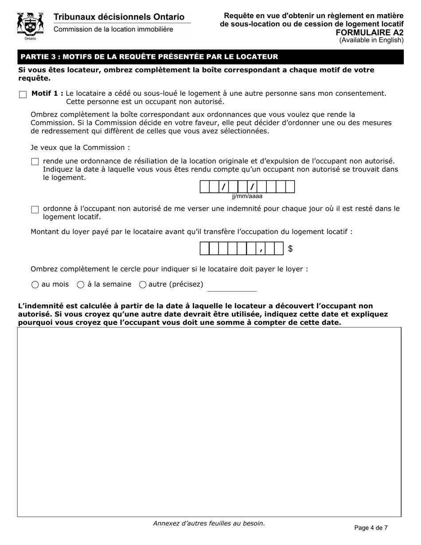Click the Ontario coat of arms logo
[x=30, y=26]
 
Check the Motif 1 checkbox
[x=23, y=94]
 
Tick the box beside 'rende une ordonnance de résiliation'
[x=35, y=162]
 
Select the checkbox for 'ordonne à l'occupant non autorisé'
[x=35, y=210]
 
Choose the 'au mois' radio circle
[x=35, y=285]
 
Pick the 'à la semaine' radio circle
[x=81, y=285]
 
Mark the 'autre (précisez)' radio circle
[x=143, y=285]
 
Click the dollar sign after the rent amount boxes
[x=290, y=249]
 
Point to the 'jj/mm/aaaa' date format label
[x=247, y=196]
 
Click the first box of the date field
[x=205, y=187]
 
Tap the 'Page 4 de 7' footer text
[x=371, y=528]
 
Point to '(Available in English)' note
[x=371, y=40]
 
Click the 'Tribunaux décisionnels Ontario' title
[x=119, y=17]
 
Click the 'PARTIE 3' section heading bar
[x=210, y=57]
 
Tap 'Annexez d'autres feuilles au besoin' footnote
[x=209, y=523]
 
